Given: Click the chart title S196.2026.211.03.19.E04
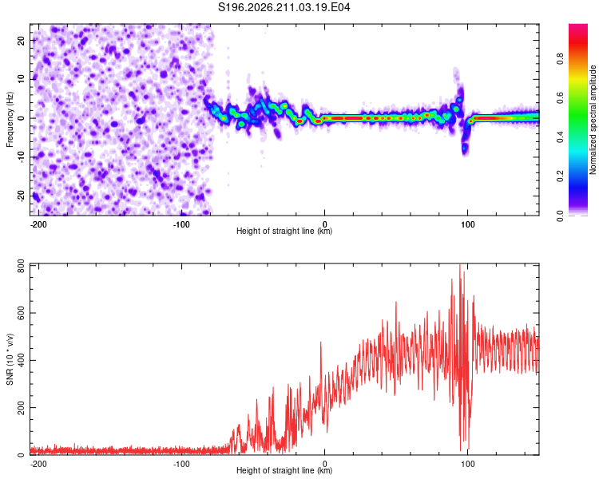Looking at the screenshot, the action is point(284,7).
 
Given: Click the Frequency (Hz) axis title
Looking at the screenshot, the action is point(10,120).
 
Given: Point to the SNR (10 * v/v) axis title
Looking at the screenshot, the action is point(10,359).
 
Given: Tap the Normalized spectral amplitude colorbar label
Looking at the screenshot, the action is point(593,120).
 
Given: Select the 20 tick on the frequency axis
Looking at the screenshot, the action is point(22,41).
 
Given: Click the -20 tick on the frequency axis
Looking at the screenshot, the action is point(22,196).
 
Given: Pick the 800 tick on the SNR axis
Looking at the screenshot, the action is point(22,266).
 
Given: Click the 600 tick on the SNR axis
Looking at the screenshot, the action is point(22,313).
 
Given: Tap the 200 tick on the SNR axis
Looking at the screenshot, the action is point(22,408).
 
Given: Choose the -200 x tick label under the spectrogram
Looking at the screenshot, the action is point(38,224).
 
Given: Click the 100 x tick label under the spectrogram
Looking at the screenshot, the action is point(467,224).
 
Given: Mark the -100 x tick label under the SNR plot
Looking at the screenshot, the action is point(181,464).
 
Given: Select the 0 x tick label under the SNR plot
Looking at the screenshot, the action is point(325,464).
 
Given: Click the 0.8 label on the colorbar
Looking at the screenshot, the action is point(561,59).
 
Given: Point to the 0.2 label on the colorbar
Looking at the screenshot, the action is point(561,176).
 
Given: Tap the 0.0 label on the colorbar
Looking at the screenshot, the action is point(561,216).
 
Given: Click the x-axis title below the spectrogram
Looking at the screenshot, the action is point(284,231).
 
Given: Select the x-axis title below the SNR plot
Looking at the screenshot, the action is point(284,470).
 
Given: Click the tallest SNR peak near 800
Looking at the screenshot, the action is point(459,265).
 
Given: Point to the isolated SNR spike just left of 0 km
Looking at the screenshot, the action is point(320,342).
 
